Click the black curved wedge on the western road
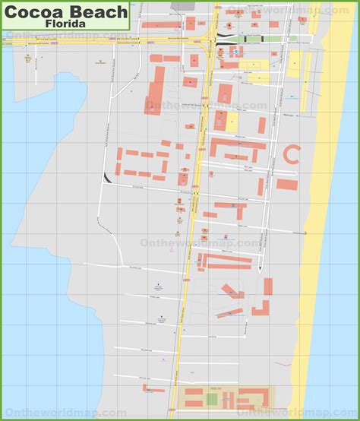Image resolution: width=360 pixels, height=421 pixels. point(106,178)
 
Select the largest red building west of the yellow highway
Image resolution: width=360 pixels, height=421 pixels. point(155,89)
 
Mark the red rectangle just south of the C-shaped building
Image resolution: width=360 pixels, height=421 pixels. point(286,184)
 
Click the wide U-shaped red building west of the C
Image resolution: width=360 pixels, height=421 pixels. point(238,147)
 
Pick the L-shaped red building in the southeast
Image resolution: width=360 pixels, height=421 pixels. point(261,309)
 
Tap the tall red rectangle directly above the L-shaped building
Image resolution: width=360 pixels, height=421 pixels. point(268,287)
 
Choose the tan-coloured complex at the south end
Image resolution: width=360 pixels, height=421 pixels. point(228,397)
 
